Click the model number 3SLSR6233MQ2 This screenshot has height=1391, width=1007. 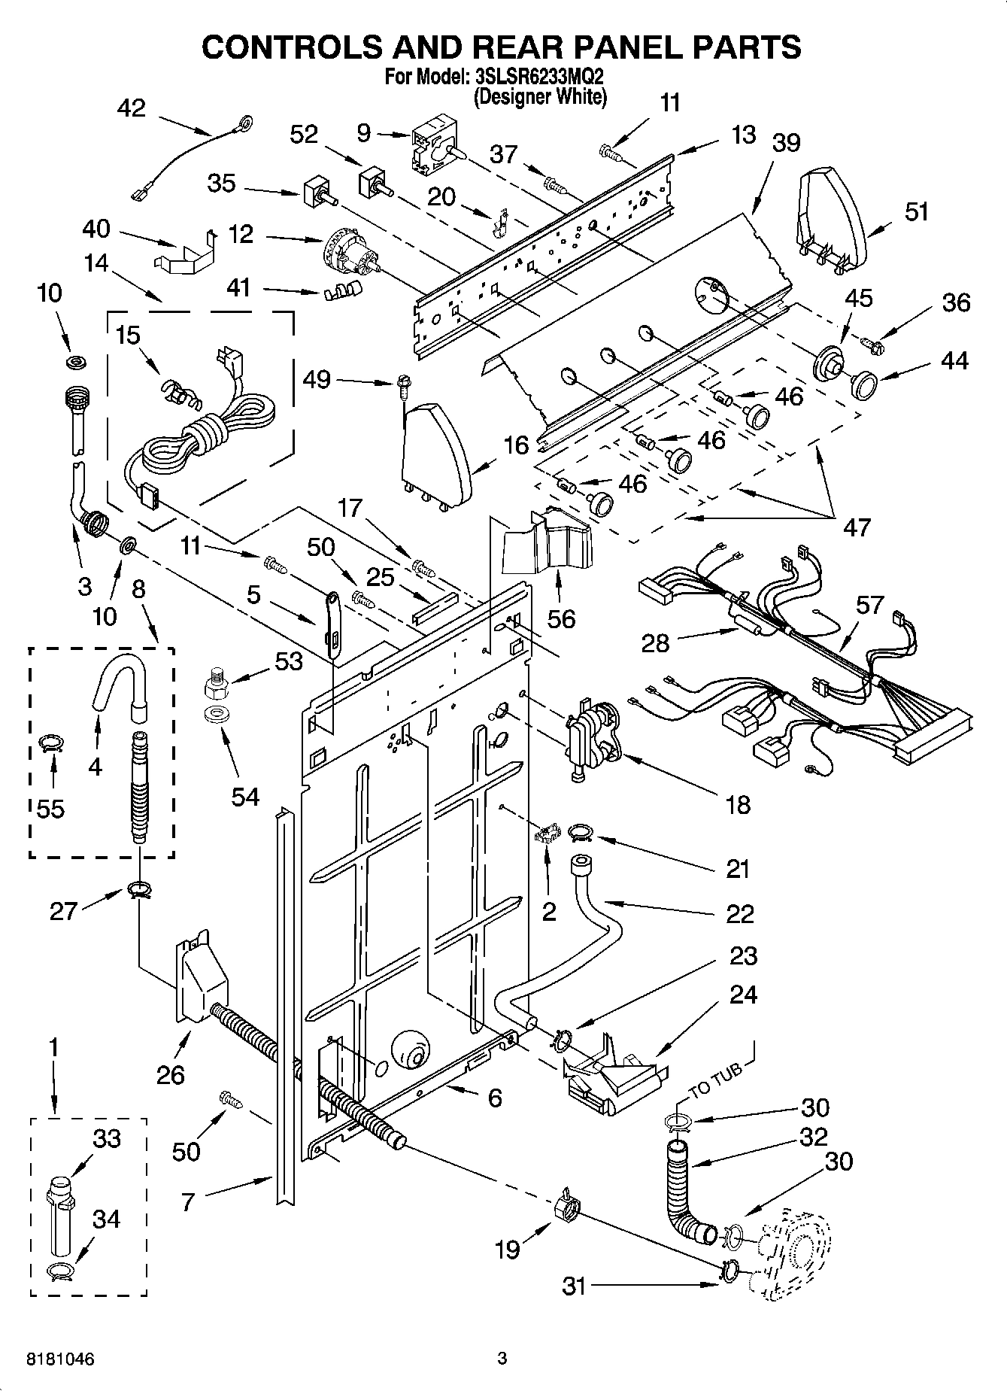click(540, 77)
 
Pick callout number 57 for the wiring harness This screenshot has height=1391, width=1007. click(869, 605)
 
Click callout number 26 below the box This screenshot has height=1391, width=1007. click(171, 1074)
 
